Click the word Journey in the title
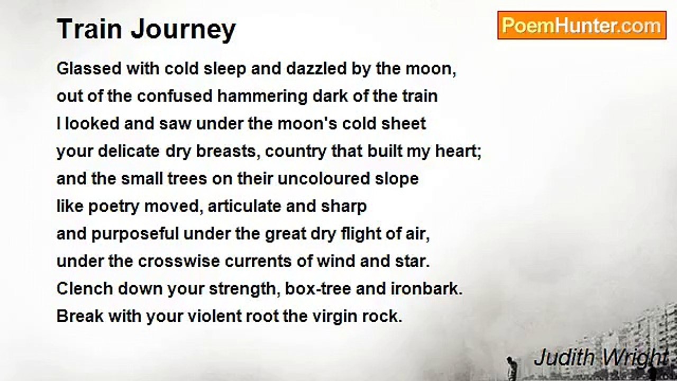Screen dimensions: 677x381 tap(183, 30)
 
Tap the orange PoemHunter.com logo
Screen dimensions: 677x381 tap(582, 25)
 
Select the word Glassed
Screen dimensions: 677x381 tap(89, 68)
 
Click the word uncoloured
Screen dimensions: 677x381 tap(324, 179)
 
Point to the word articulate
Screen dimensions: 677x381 tap(244, 206)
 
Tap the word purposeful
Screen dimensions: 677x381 tap(135, 234)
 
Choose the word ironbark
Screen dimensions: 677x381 tap(427, 289)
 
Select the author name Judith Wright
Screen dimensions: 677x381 tap(601, 358)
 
